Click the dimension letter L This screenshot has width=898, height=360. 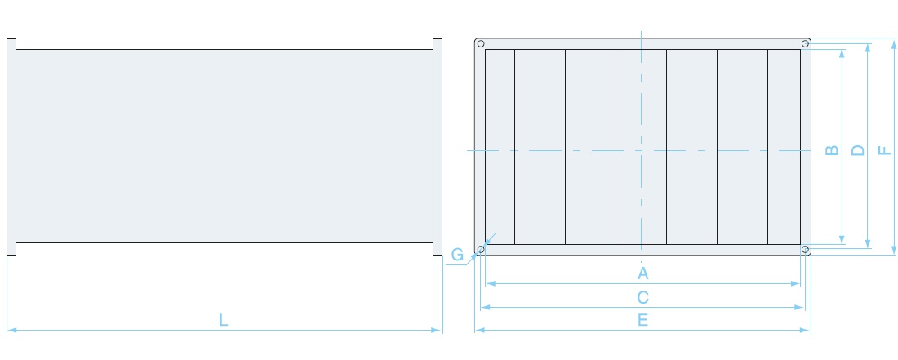(x=224, y=320)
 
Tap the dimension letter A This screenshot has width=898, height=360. (x=642, y=273)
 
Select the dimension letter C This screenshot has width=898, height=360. (x=642, y=298)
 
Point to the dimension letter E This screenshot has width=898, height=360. (x=642, y=320)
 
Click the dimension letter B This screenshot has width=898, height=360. (x=832, y=150)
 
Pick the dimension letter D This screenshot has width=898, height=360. (x=858, y=150)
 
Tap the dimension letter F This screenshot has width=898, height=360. (x=885, y=150)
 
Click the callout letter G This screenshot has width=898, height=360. (x=457, y=255)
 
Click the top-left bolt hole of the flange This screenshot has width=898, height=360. (x=481, y=43)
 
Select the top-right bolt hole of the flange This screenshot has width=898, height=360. (x=805, y=43)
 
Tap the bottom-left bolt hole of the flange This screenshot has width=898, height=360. (x=481, y=250)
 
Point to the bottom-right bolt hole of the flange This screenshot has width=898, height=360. (x=805, y=250)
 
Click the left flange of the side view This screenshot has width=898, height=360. (x=11, y=146)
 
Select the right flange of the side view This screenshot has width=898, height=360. (x=438, y=146)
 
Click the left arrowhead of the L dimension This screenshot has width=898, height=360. (x=11, y=331)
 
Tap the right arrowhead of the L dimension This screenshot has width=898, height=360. (x=438, y=331)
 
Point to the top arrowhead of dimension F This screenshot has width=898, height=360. (x=893, y=43)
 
